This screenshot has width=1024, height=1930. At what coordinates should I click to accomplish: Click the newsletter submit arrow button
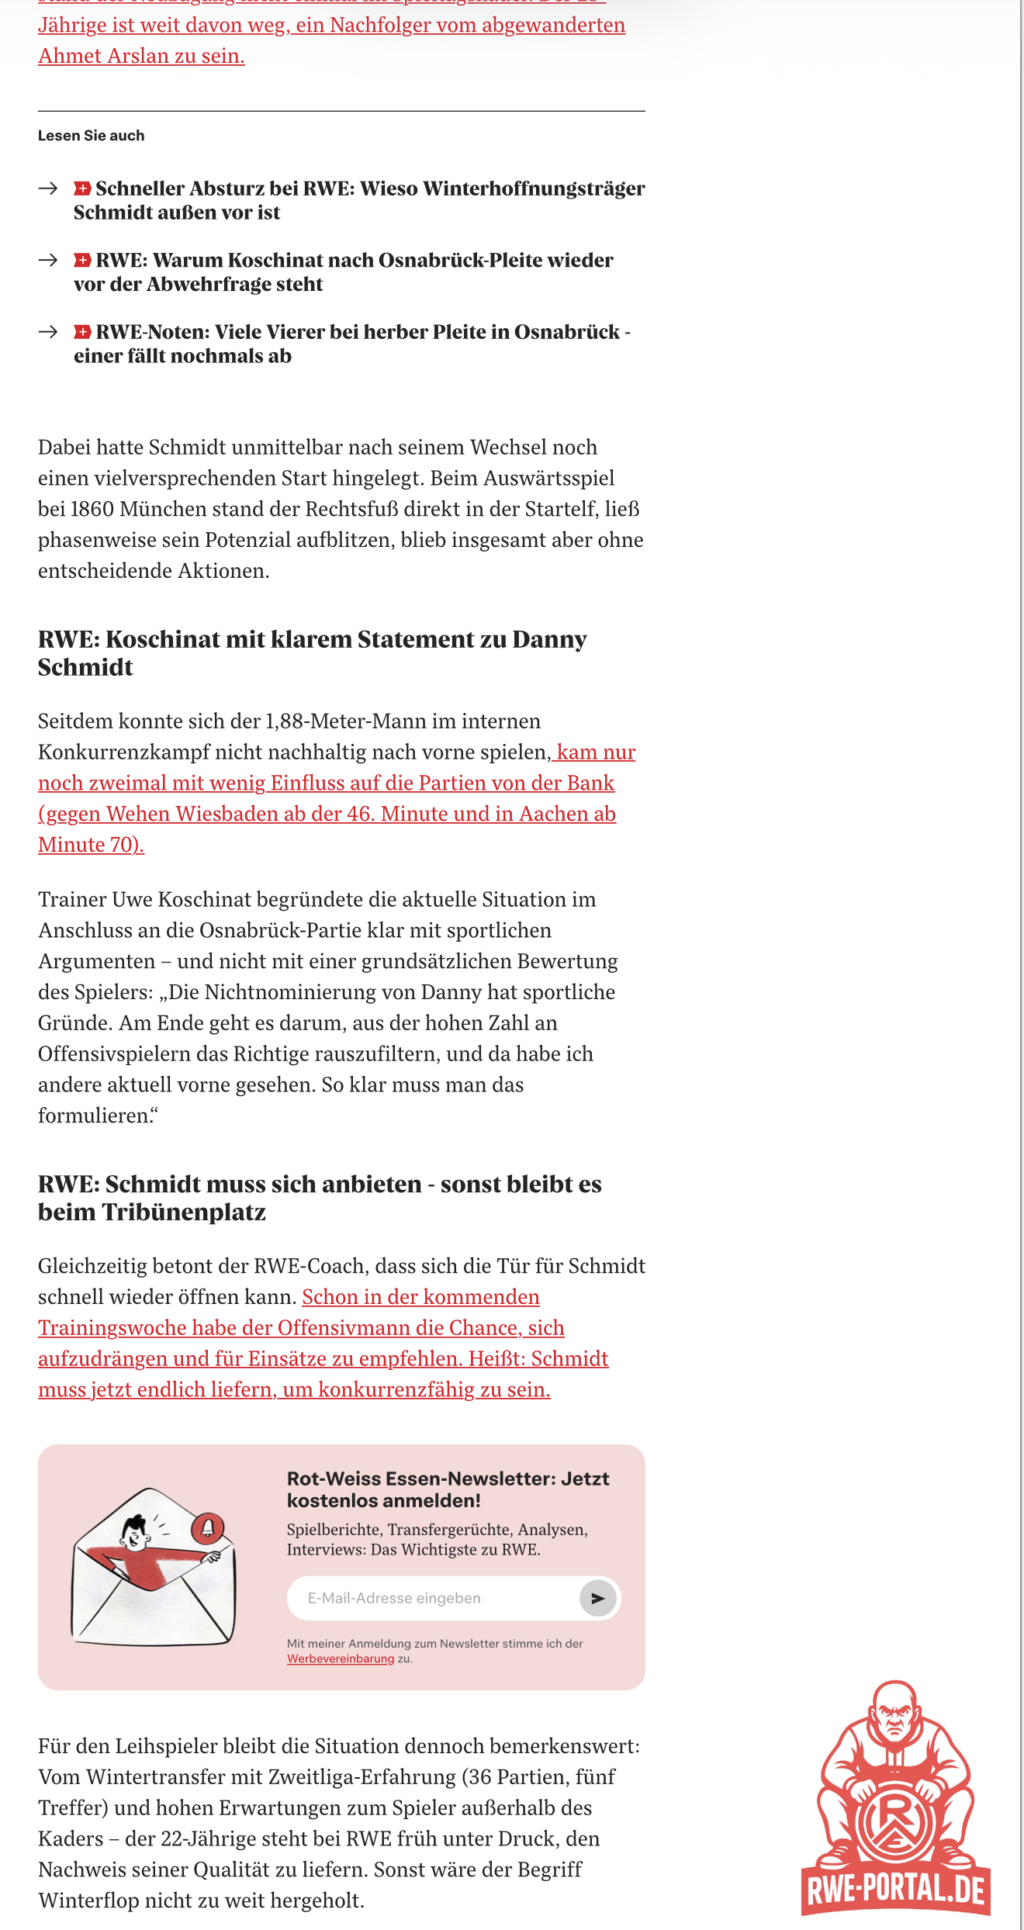pos(597,1598)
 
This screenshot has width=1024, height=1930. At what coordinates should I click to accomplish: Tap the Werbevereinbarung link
pos(341,1658)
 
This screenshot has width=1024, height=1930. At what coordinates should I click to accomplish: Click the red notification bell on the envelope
pos(207,1527)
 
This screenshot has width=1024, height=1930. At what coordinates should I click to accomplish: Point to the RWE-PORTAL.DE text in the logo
pos(896,1890)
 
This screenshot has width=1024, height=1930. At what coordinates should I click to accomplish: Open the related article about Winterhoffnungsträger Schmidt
pos(358,200)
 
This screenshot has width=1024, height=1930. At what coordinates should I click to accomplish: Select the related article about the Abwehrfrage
pos(343,272)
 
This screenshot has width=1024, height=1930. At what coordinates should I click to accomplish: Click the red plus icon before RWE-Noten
pos(82,332)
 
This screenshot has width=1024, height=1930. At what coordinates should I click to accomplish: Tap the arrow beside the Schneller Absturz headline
pos(48,189)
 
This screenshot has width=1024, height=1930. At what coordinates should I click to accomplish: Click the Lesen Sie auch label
pos(91,136)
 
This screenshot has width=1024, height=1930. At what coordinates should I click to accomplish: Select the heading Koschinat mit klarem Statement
pos(312,652)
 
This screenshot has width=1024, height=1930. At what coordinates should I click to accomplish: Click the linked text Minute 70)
pos(91,844)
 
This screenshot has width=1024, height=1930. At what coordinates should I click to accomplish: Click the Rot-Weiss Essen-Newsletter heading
pos(448,1489)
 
